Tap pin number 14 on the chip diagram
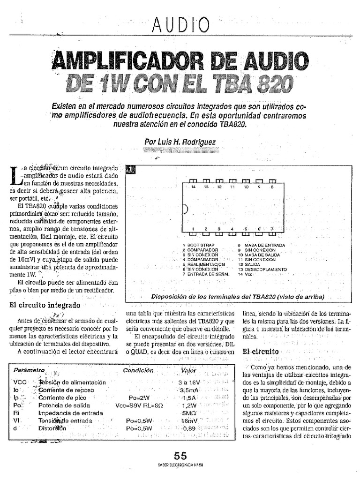pyautogui.click(x=193, y=187)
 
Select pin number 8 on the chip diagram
pyautogui.click(x=272, y=187)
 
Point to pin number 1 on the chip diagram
pyautogui.click(x=193, y=229)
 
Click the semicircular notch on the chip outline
pyautogui.click(x=184, y=208)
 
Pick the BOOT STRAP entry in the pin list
pyautogui.click(x=201, y=245)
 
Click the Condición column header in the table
pyautogui.click(x=138, y=370)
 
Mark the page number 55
pyautogui.click(x=180, y=456)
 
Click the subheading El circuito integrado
pyautogui.click(x=45, y=305)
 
